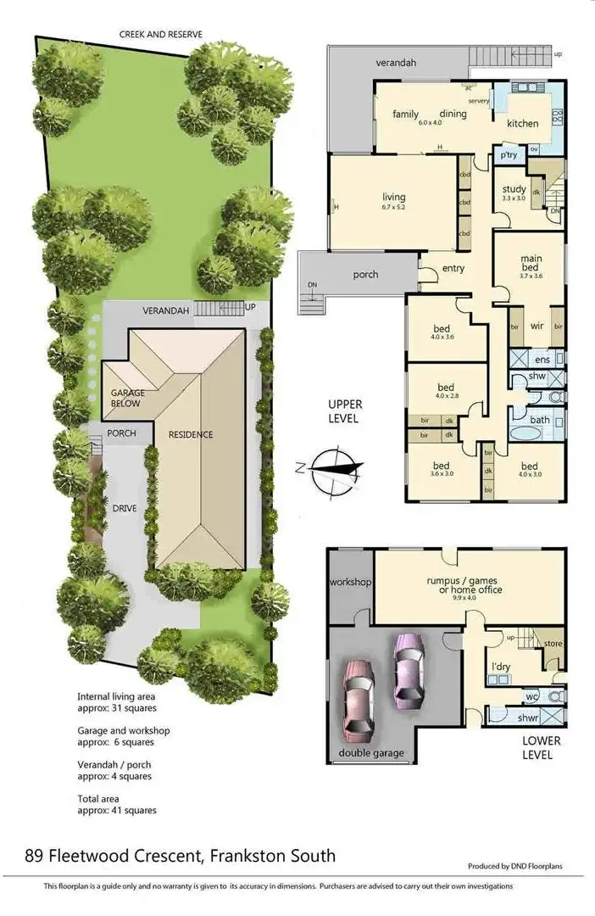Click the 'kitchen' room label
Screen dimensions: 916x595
click(523, 124)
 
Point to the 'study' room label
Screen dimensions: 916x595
click(514, 189)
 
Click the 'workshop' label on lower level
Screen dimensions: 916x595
click(351, 583)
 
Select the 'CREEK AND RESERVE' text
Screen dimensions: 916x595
click(161, 35)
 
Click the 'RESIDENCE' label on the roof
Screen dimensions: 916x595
click(191, 434)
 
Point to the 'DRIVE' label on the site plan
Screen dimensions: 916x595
click(125, 509)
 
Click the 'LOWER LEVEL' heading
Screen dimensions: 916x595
click(536, 747)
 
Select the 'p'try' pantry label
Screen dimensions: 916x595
click(509, 156)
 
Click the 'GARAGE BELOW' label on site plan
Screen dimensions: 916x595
click(127, 398)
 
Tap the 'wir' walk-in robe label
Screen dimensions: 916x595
click(537, 326)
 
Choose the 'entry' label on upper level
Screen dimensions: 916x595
click(453, 269)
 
